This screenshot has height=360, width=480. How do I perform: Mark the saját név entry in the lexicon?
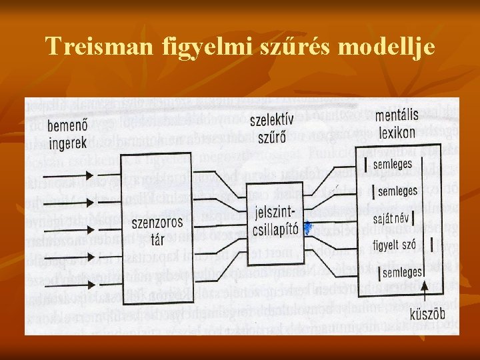pyautogui.click(x=391, y=217)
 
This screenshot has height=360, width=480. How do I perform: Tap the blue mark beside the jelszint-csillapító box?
pyautogui.click(x=307, y=229)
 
